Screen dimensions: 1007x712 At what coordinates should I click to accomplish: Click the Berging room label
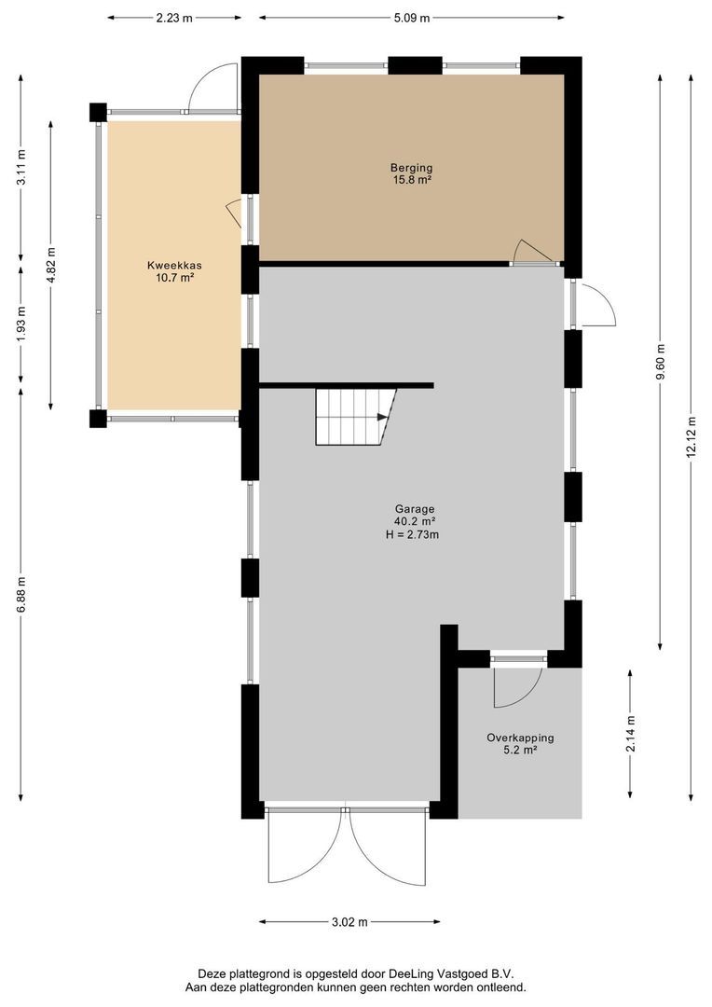pos(411,168)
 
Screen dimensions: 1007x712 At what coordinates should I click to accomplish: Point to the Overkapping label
pos(520,738)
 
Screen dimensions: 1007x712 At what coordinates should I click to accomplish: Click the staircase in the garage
pos(354,417)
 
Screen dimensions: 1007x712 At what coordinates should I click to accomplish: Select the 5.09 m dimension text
pos(411,17)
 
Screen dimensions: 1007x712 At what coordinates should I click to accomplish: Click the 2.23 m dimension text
pos(174,17)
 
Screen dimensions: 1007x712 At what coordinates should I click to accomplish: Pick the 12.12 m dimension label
pos(691,435)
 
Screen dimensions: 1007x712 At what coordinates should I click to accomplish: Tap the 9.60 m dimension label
pos(661,365)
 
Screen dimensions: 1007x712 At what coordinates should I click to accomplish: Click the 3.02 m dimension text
pos(349,922)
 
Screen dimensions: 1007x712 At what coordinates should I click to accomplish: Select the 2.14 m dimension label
pos(631,726)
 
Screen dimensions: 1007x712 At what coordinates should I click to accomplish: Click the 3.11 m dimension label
pos(21,168)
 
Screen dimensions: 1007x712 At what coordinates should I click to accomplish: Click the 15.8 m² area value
pos(411,181)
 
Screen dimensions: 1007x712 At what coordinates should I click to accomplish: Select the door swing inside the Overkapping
pos(515,686)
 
